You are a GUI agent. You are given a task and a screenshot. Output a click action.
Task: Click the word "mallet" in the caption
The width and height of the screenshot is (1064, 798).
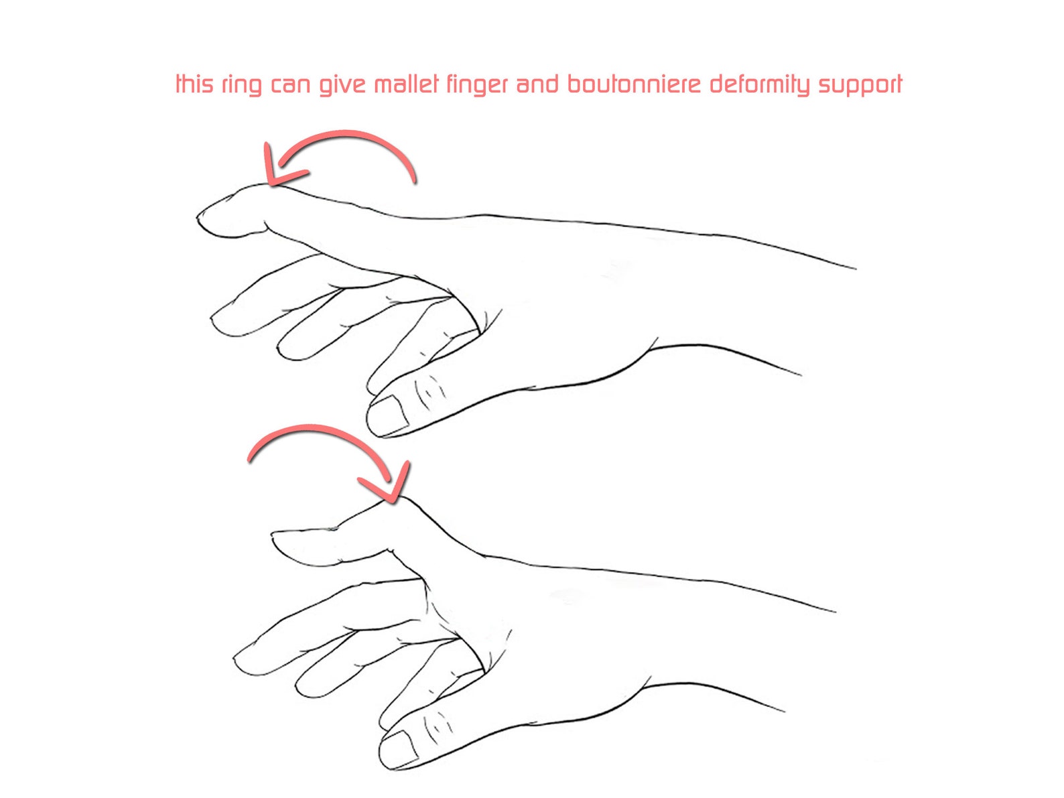coord(406,84)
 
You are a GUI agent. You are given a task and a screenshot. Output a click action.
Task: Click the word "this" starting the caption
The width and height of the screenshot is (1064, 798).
coord(194,84)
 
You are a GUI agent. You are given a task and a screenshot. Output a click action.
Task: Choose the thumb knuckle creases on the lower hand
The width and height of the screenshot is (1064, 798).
coord(439,724)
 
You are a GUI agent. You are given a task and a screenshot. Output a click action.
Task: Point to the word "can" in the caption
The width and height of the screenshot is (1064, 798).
coord(289,85)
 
